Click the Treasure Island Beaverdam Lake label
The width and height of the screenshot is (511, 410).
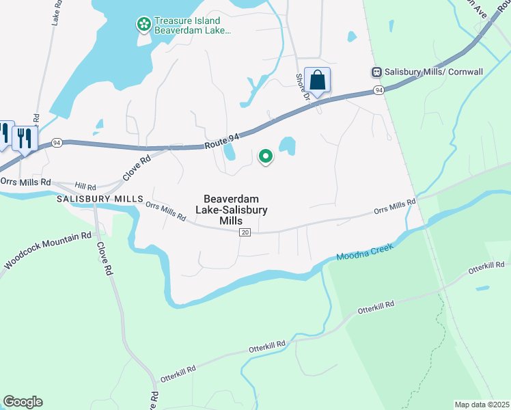(193, 26)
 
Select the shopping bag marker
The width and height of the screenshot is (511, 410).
(317, 80)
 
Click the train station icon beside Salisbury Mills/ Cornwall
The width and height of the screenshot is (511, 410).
(376, 71)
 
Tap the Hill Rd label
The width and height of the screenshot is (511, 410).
(86, 186)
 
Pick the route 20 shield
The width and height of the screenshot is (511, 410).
(245, 233)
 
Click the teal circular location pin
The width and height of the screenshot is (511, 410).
(265, 157)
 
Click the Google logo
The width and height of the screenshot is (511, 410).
(23, 402)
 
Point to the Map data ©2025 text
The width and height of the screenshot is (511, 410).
(482, 405)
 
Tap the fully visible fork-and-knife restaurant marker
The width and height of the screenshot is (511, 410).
(25, 138)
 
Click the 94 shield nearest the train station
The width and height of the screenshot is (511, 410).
(378, 90)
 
